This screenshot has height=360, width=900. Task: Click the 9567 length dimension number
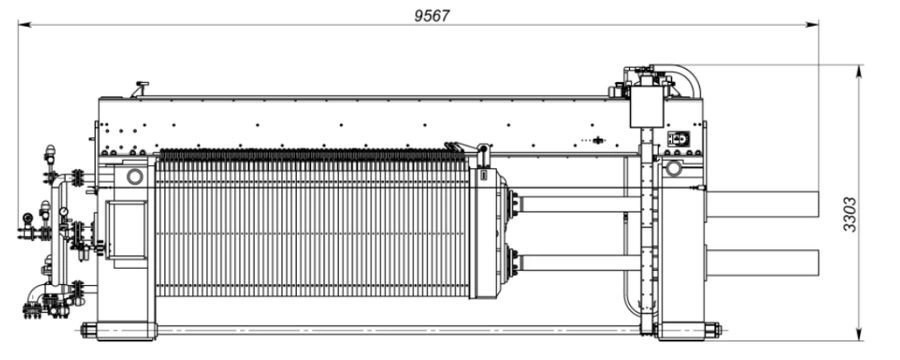point(432,16)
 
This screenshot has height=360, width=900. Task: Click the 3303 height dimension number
point(849,214)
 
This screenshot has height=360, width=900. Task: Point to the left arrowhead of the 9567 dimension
point(25,25)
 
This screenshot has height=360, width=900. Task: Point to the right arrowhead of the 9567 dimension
point(812,24)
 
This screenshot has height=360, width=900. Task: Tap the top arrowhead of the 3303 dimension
point(859,71)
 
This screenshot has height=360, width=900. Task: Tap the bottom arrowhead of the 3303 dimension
point(859,334)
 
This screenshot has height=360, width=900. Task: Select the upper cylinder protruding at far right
point(762,204)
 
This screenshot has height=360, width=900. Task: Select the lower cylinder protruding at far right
point(762,262)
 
